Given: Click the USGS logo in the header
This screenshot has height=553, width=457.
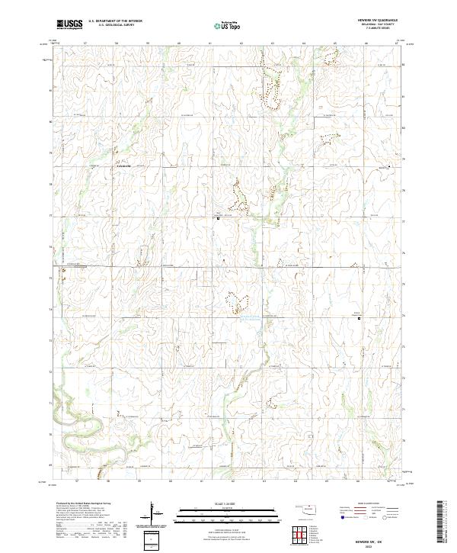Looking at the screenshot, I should pyautogui.click(x=70, y=24).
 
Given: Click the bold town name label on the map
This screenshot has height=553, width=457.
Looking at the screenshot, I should pyautogui.click(x=123, y=166).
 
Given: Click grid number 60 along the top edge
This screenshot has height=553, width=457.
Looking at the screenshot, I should pyautogui.click(x=178, y=43).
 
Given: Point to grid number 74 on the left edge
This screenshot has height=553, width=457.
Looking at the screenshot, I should pyautogui.click(x=51, y=310).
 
